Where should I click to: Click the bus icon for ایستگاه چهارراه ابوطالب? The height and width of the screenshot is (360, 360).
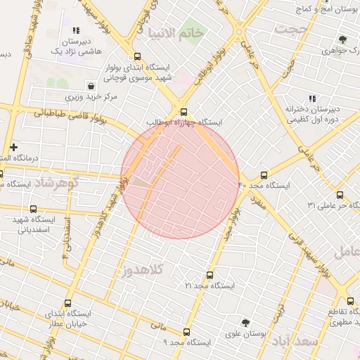click(184, 112)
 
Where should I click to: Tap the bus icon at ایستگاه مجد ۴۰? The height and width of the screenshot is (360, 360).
click(264, 175)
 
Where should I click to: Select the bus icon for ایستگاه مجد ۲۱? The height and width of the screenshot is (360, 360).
click(209, 275)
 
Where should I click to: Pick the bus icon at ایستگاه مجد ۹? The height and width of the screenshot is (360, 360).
click(186, 332)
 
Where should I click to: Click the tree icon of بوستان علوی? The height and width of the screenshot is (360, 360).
click(245, 323)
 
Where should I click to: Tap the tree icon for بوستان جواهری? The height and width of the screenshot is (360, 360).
click(342, 40)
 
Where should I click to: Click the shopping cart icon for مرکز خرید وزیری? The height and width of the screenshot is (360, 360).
click(91, 86)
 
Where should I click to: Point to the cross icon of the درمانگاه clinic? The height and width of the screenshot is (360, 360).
click(13, 146)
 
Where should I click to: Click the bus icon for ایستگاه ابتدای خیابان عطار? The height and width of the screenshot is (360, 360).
click(68, 303)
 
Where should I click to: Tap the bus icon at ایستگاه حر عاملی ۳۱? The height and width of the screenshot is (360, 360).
click(340, 195)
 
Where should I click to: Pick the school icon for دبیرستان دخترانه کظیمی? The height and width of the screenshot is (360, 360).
click(312, 98)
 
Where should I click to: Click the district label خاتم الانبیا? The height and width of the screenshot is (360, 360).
click(176, 33)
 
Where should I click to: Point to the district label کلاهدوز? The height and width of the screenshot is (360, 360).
click(142, 269)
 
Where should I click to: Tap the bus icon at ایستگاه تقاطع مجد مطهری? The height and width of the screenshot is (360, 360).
click(350, 301)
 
